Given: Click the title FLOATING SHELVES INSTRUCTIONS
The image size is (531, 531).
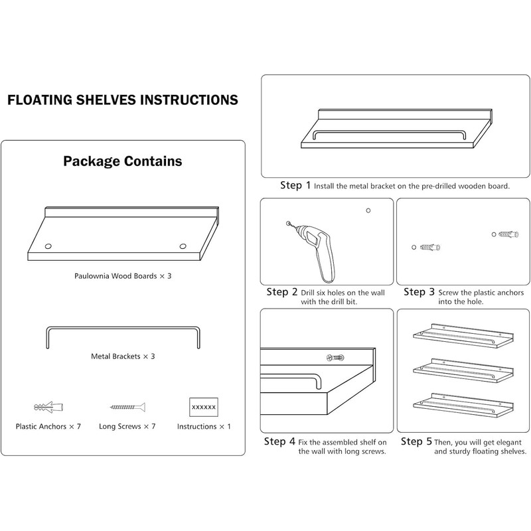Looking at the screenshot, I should click(x=122, y=101).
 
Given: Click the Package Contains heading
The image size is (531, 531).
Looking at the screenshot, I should click(x=123, y=161).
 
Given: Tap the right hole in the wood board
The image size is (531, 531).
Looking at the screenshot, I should click(x=182, y=247).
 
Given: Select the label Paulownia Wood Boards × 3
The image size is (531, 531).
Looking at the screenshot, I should click(x=123, y=274).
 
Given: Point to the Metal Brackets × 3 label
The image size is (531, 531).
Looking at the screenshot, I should click(x=123, y=356).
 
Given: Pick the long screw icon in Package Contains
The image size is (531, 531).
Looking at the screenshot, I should click(x=127, y=406).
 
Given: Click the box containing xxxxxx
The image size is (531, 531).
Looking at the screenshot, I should click(x=204, y=406).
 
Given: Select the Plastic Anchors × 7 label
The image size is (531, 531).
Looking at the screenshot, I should click(x=48, y=427).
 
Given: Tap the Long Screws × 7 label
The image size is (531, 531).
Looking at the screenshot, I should click(x=127, y=427).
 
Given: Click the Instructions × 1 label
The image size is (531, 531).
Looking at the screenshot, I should click(x=204, y=427).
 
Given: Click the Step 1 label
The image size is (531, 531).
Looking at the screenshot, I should click(x=295, y=186).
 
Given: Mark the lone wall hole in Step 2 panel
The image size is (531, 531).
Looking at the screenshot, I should click(x=368, y=211).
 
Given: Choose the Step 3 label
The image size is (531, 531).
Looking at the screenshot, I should click(x=419, y=292).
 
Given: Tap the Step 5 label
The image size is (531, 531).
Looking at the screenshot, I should click(x=415, y=441).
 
